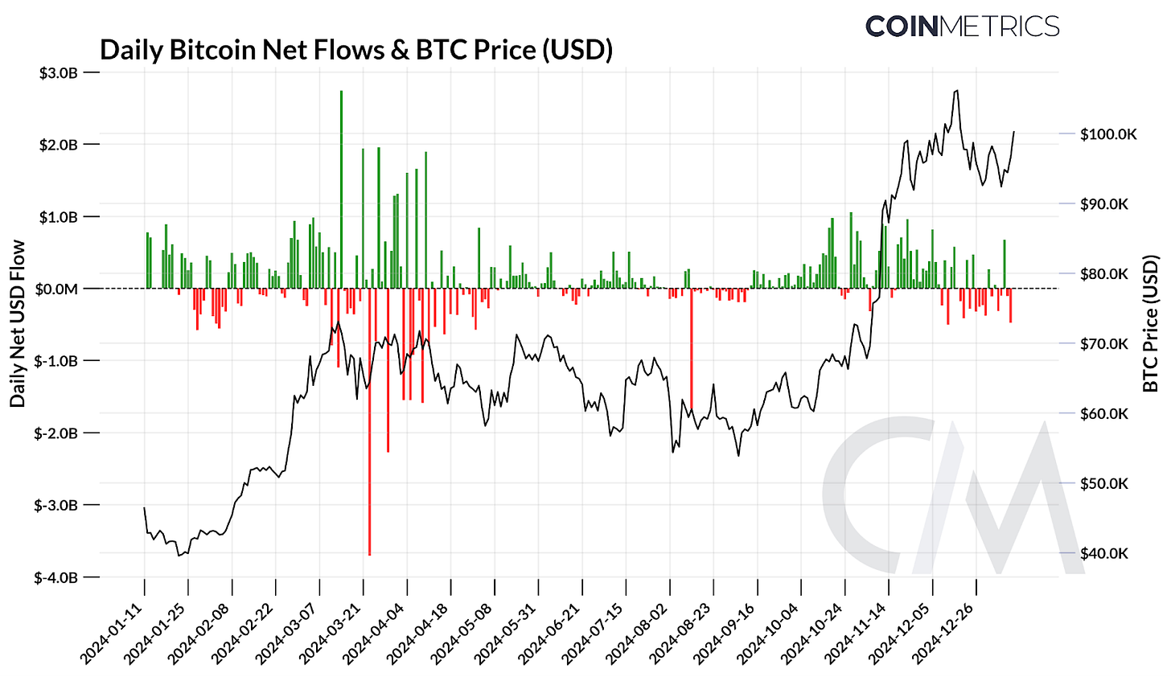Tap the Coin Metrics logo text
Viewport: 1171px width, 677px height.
tap(962, 26)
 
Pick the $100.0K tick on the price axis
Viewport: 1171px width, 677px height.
tap(1108, 134)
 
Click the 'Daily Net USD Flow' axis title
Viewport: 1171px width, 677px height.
tap(18, 323)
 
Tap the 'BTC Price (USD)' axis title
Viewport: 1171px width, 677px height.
tap(1151, 323)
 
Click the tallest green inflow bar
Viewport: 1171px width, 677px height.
tap(341, 190)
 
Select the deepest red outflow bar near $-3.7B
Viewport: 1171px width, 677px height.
tap(369, 421)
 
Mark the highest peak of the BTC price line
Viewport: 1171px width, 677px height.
tap(955, 91)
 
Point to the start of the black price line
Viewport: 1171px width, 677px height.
tap(144, 507)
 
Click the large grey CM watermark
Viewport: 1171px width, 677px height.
tap(949, 494)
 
